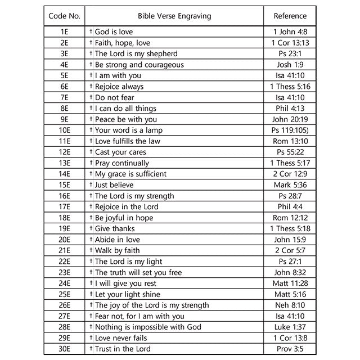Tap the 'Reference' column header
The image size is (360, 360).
pos(290,16)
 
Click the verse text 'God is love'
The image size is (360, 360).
pos(114,32)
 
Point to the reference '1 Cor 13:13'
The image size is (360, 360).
pos(290,43)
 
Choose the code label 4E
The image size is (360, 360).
pos(64,65)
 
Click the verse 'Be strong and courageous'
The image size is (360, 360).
pos(139,65)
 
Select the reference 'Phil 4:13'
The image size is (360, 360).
pos(290,109)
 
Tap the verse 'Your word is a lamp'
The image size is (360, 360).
pos(129,130)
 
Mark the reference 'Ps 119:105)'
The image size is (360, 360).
pos(290,130)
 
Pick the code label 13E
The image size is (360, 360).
pos(64,163)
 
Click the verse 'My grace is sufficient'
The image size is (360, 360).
pos(130,174)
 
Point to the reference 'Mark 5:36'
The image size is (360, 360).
pos(290,185)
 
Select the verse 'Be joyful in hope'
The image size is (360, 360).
pos(124,218)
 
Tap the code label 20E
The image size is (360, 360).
pos(64,240)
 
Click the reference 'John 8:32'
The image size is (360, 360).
pos(290,272)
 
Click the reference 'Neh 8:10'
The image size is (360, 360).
pos(290,305)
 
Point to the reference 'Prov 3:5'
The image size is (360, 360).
pos(290,349)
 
